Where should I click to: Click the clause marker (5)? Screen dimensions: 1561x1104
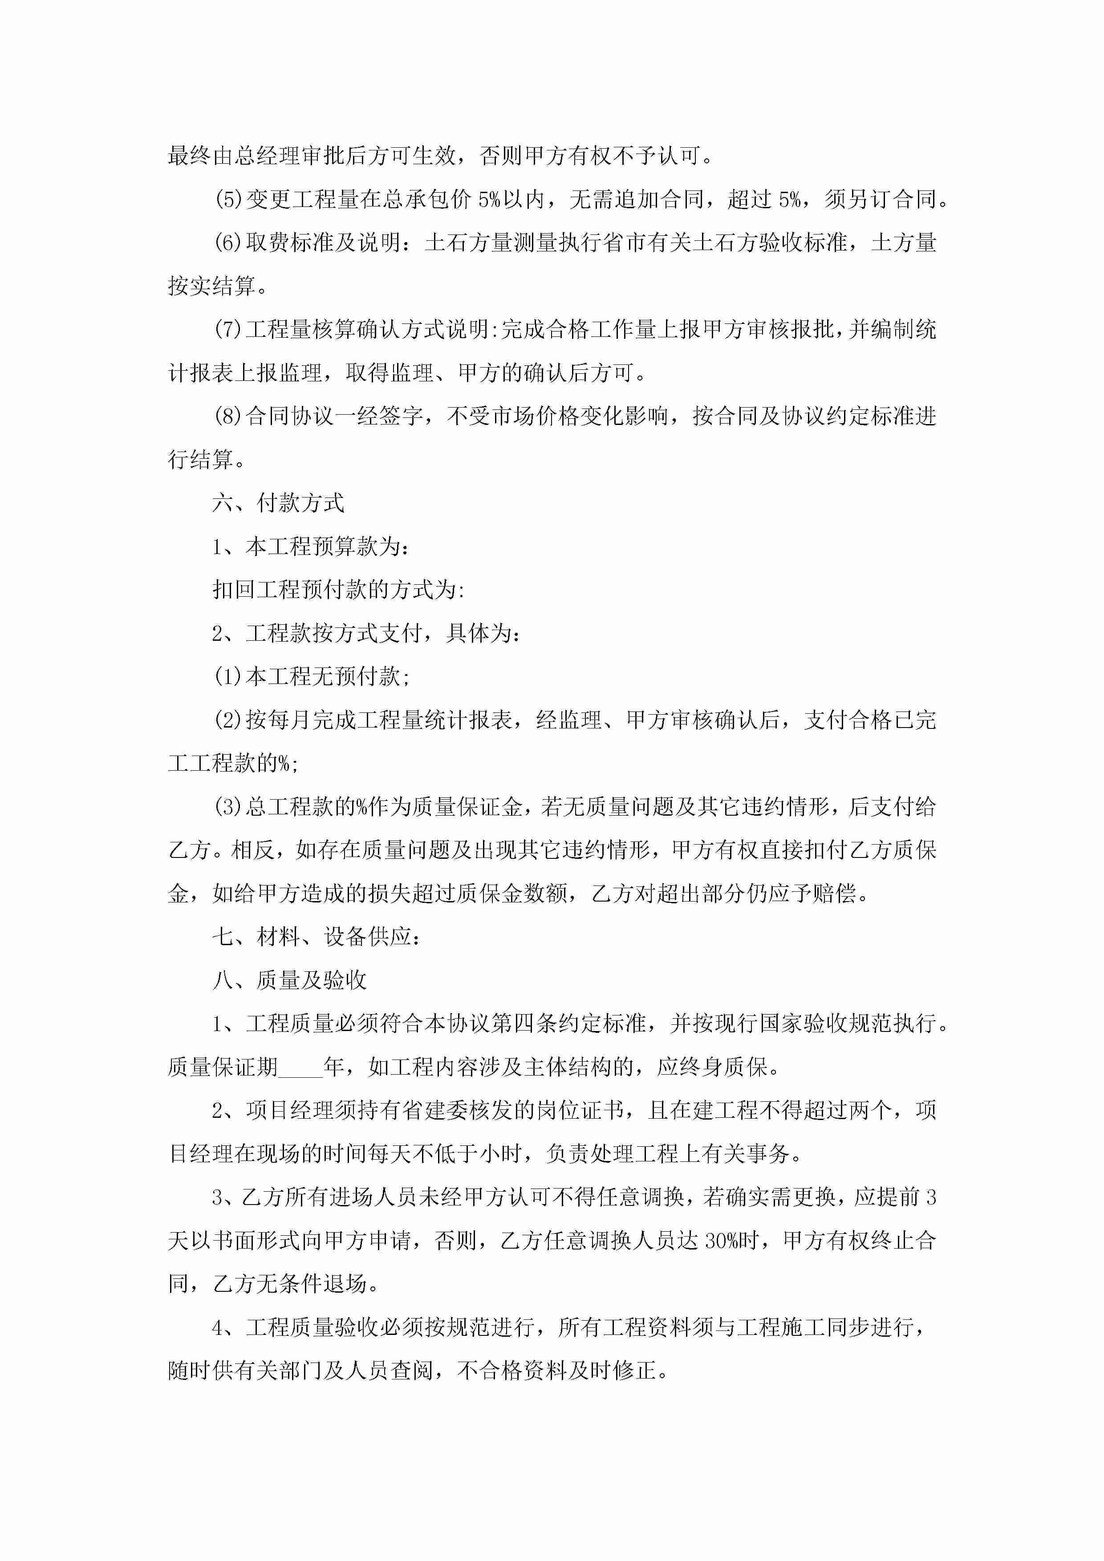(x=228, y=200)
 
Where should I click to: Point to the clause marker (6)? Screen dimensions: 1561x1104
(x=228, y=243)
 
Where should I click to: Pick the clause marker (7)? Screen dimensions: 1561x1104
(x=228, y=330)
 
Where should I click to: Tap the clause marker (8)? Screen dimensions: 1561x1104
(x=228, y=416)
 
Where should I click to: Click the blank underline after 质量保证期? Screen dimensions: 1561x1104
(x=300, y=1068)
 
